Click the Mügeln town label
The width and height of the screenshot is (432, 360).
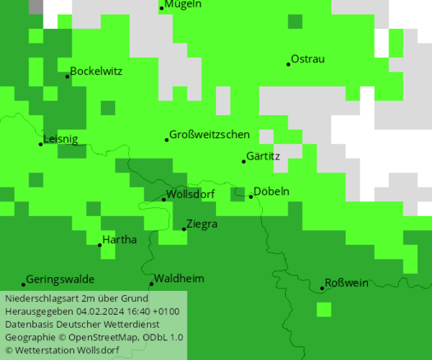point(182,5)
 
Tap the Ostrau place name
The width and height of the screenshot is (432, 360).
point(308,59)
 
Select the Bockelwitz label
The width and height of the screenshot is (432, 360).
point(96,72)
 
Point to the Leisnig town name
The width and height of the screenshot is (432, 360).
point(61,140)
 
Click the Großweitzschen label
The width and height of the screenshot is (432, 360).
point(209,135)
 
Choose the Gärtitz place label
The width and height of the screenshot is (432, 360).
point(263,156)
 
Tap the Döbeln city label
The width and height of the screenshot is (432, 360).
point(271,192)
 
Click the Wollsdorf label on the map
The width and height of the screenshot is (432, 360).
point(191,195)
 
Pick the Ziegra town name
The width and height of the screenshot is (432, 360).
point(202,224)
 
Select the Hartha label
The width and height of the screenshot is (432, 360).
point(120,240)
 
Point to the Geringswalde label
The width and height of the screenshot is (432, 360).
point(60,279)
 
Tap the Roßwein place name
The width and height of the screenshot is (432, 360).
point(347,284)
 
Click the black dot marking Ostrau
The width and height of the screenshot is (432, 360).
point(288,64)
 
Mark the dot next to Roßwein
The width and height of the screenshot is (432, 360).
point(322,288)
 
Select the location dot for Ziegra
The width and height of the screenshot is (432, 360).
point(184,229)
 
